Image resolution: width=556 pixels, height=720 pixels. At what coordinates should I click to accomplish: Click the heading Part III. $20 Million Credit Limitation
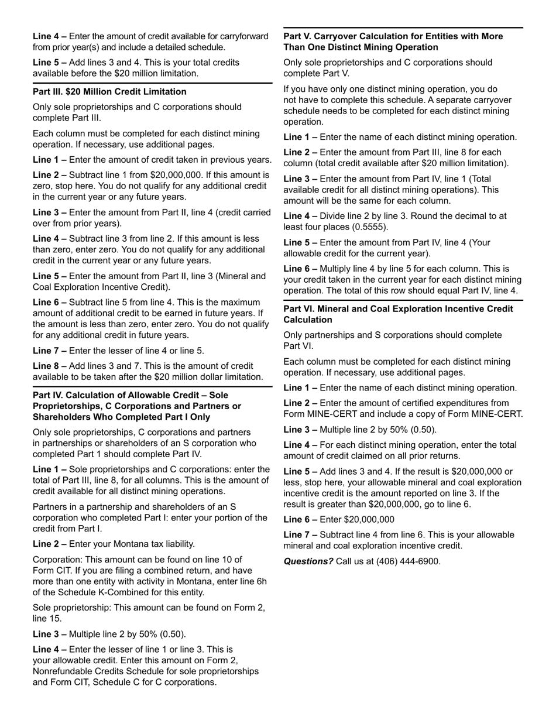coord(109,92)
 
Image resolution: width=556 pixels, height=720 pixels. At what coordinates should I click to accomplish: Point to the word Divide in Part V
coord(334,216)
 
